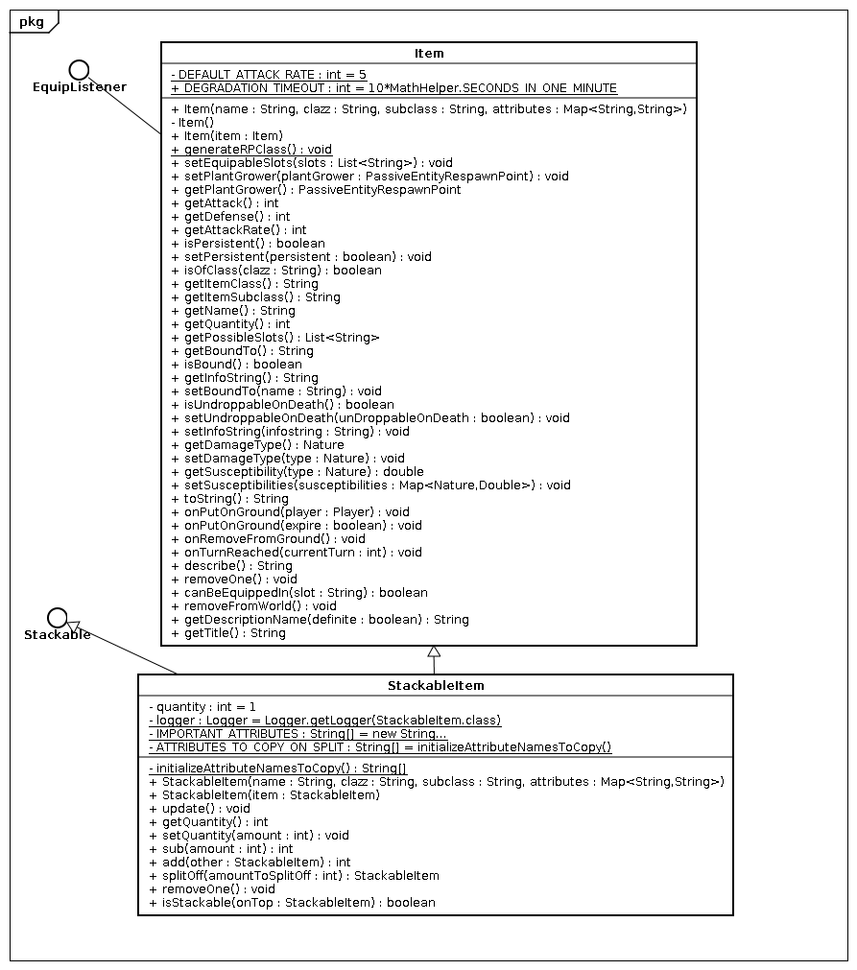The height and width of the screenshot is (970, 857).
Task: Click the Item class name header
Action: [x=428, y=54]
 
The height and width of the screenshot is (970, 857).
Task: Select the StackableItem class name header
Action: [x=435, y=686]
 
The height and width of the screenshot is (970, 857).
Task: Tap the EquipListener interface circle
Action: [x=79, y=68]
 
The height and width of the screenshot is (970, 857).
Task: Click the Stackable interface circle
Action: [x=57, y=616]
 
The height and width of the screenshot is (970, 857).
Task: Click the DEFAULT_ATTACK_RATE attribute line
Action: [x=268, y=74]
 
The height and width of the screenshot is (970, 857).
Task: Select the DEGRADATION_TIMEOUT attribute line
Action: [x=393, y=87]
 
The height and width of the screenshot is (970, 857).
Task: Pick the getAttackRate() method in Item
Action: [x=238, y=229]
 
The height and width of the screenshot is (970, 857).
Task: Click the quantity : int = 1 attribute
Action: [x=202, y=706]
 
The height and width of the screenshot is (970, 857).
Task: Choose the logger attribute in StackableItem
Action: [x=324, y=720]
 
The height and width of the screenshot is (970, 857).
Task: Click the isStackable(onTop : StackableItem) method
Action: [x=292, y=902]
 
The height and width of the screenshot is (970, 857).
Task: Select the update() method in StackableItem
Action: [x=199, y=808]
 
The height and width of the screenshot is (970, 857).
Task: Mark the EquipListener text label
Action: [x=79, y=86]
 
